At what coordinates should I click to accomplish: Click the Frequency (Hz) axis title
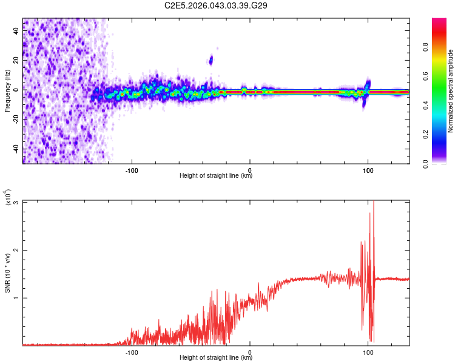coord(7,91)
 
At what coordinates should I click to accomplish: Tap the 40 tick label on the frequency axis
coord(16,30)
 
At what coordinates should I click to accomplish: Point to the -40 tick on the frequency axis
coord(16,149)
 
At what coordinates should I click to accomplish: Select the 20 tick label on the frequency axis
coord(16,60)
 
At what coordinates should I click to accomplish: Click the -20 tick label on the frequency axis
coord(16,120)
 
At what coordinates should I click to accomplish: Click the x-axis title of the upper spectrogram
coord(216,176)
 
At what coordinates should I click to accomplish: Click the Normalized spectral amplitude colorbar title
coord(450,91)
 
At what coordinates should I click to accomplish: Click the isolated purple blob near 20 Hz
coord(211,59)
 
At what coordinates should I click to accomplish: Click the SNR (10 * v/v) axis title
coord(7,273)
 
